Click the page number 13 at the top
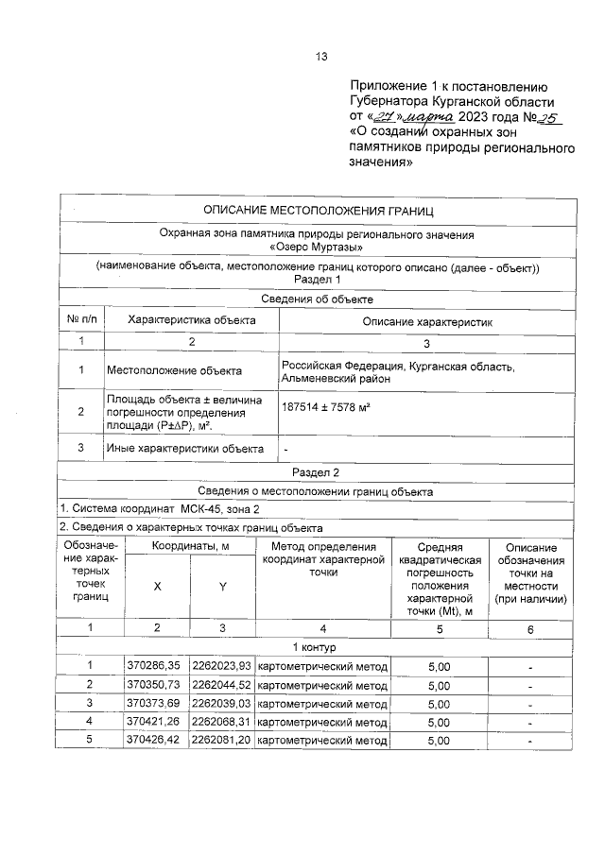pos(320,57)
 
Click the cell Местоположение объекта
pos(174,370)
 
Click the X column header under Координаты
pos(157,586)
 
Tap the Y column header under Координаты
pos(222,586)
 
